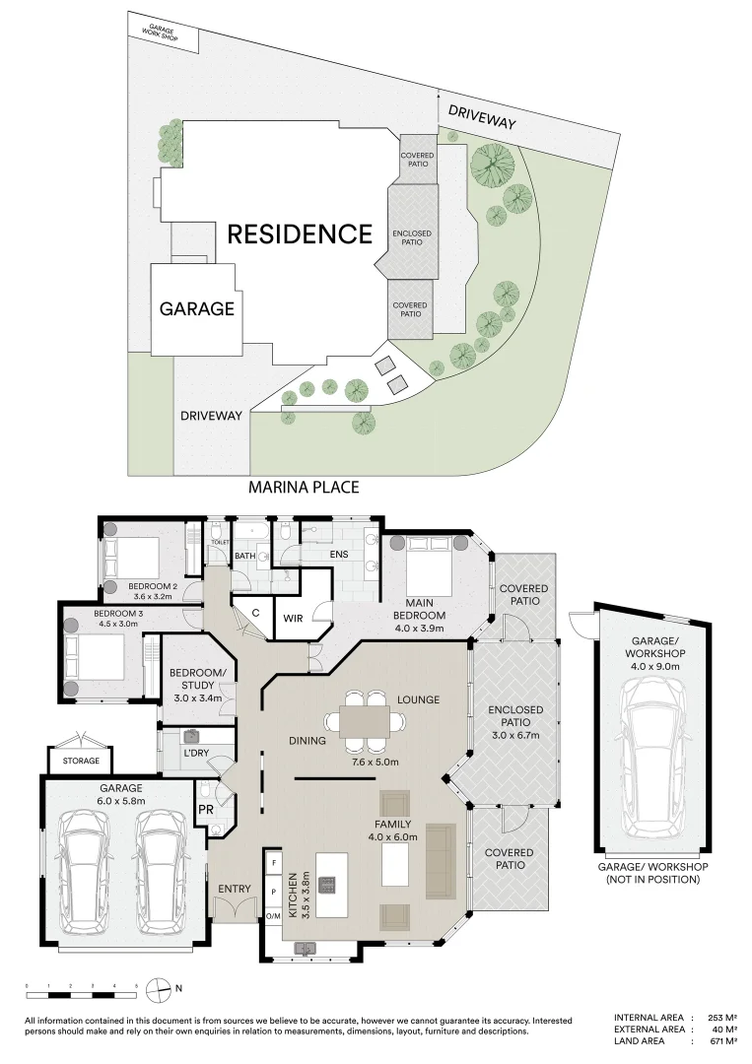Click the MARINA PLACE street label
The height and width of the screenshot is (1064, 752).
303,487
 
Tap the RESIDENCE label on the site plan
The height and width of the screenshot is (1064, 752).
301,234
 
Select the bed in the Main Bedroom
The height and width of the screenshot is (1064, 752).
424,568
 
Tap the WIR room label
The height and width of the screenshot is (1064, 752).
292,618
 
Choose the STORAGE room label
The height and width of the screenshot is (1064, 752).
81,762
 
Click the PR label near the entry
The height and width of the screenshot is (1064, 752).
206,809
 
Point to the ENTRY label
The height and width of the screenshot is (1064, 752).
235,889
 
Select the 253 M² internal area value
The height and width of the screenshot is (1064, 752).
721,1017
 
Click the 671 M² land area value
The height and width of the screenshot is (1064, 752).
721,1041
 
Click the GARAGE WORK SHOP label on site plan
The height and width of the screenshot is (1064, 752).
162,32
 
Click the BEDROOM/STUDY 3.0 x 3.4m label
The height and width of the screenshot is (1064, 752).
198,685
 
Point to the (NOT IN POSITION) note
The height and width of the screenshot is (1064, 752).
652,879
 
